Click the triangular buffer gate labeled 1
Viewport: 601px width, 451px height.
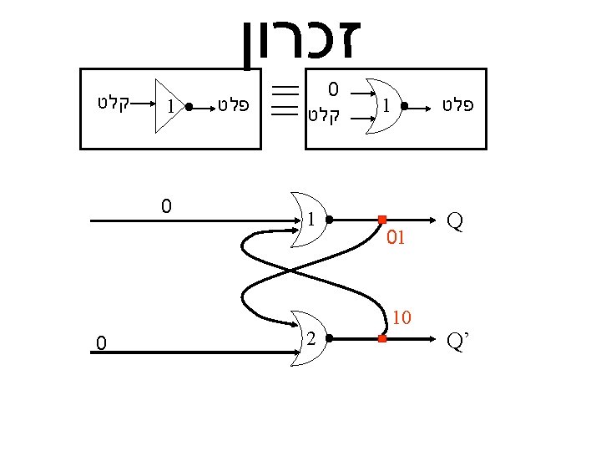pos(169,107)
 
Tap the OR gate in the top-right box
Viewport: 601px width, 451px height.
pos(386,107)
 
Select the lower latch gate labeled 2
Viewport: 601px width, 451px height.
pos(308,339)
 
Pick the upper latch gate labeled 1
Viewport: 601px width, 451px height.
pos(308,220)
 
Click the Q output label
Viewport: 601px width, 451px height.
pos(456,220)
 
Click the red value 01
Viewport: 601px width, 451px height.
pos(396,239)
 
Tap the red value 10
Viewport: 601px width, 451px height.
pos(402,317)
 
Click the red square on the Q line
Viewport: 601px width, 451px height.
pos(381,220)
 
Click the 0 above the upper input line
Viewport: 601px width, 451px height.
pos(166,205)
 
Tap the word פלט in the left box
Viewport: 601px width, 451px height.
pos(234,106)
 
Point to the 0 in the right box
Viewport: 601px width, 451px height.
pos(333,89)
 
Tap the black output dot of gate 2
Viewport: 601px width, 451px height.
pos(331,339)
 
